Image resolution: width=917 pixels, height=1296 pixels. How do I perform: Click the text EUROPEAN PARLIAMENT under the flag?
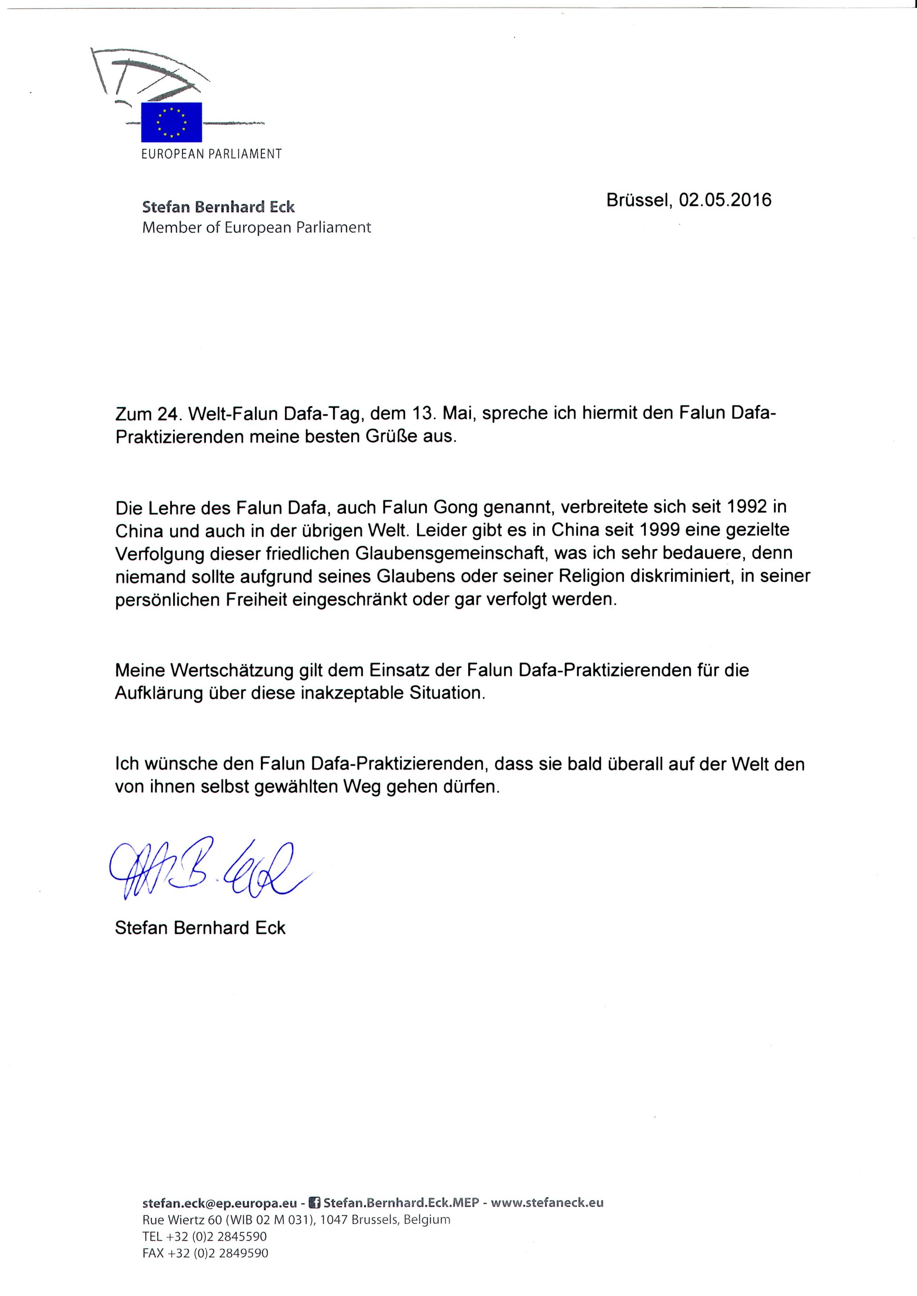pos(211,154)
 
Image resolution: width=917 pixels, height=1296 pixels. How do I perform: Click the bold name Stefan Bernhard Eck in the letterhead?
pos(218,207)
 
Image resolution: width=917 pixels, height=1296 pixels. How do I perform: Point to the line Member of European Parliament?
pos(256,228)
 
